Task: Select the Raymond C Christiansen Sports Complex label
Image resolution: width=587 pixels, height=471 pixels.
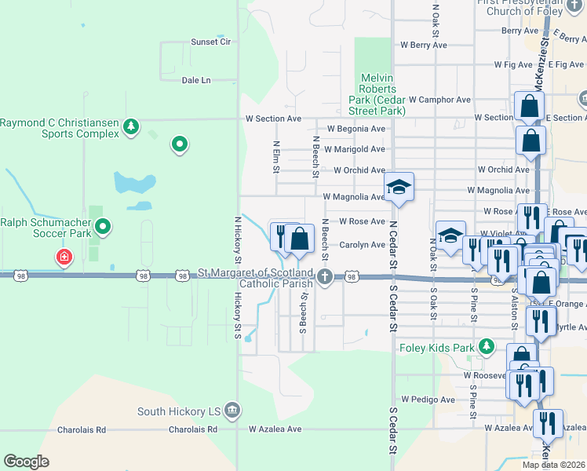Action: click(x=60, y=128)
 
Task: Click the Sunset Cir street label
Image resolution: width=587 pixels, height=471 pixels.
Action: click(x=211, y=42)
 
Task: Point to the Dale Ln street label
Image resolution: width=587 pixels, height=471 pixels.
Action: click(x=196, y=80)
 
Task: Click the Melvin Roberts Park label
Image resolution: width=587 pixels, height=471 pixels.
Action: click(x=377, y=94)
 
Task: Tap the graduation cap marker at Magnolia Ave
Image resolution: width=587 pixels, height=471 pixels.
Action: click(x=399, y=187)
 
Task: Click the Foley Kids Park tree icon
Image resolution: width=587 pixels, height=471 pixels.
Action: click(x=487, y=346)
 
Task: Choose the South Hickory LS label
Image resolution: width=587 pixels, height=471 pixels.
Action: click(x=178, y=411)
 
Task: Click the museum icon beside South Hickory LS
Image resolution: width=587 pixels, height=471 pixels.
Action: click(x=232, y=410)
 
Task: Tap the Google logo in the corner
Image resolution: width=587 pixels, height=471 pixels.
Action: click(x=26, y=462)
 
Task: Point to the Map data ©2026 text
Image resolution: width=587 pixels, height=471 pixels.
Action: click(x=554, y=465)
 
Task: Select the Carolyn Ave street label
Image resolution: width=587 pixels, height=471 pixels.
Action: click(x=362, y=245)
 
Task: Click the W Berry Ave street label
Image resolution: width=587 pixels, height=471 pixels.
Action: click(x=422, y=46)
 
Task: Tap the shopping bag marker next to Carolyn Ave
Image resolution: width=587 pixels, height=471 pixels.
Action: click(x=299, y=237)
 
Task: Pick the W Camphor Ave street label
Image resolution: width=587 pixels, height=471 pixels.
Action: click(x=433, y=100)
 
